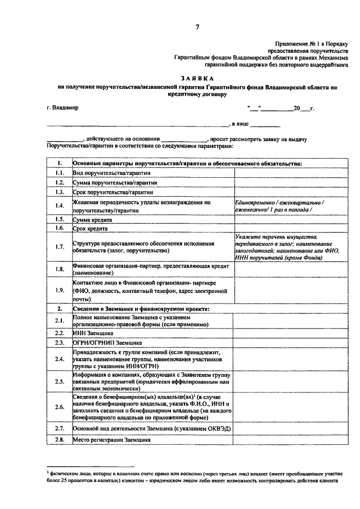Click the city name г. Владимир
point(62,107)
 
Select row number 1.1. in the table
point(59,173)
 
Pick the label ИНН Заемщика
point(93,333)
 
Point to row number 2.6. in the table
point(59,406)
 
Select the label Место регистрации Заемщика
point(111,440)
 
